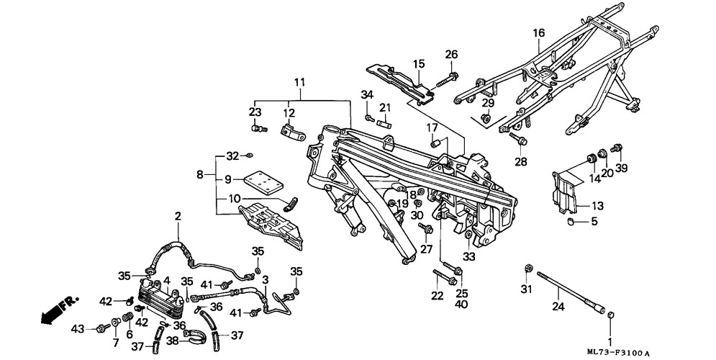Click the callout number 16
[x=539, y=33]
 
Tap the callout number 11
[x=299, y=83]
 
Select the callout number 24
[x=558, y=307]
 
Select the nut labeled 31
[x=527, y=268]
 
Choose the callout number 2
[x=178, y=216]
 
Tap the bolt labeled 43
[x=102, y=328]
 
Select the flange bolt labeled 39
[x=616, y=148]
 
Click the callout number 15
[x=420, y=63]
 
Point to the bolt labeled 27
[x=425, y=228]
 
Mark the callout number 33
[x=469, y=257]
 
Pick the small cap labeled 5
[x=571, y=222]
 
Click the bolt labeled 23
[x=258, y=130]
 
